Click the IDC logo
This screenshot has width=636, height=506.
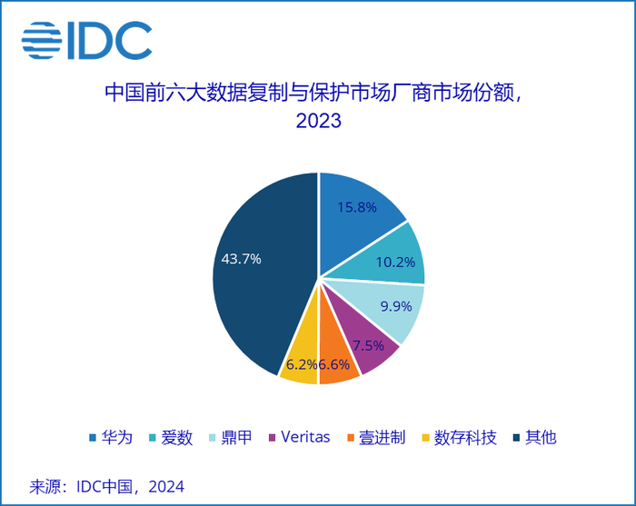86,39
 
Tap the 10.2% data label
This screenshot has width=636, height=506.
395,263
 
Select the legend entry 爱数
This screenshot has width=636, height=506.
176,437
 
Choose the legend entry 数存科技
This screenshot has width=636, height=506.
465,437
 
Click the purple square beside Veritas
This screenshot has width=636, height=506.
270,438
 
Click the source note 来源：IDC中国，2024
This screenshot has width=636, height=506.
107,486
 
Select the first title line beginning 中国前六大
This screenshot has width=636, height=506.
318,93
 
